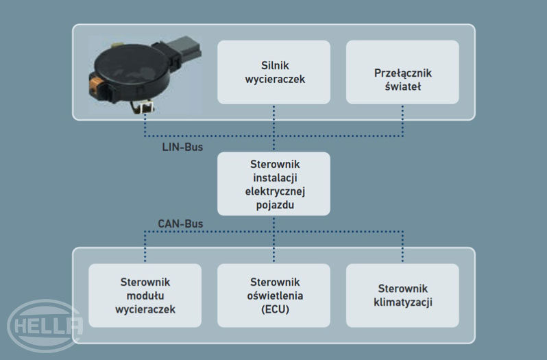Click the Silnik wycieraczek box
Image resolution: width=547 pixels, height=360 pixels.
273,71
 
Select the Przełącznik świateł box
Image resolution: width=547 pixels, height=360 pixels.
402,71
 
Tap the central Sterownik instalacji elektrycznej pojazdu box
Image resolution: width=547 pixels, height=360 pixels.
273,183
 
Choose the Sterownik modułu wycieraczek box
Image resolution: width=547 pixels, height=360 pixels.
145,295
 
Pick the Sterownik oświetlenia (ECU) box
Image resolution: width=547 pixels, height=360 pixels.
273,295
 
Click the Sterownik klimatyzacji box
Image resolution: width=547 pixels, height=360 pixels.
402,295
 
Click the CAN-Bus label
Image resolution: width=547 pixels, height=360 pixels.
180,224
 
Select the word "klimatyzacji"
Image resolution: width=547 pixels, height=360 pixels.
402,302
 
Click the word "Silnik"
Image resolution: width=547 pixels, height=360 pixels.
273,64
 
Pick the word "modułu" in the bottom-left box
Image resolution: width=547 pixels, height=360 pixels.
145,296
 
